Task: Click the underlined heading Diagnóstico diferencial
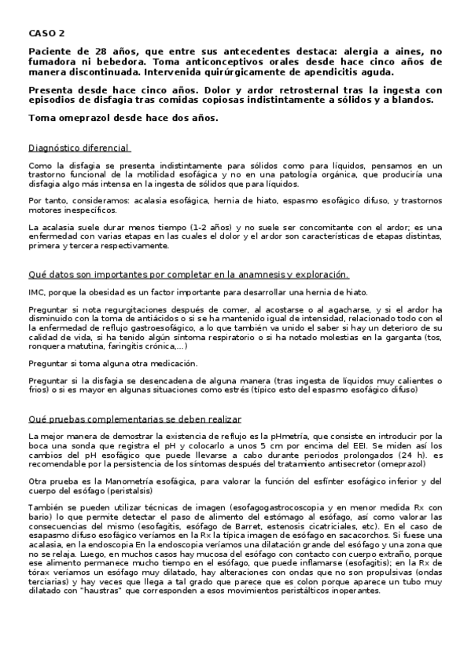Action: click(79, 148)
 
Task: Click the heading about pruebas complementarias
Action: click(134, 419)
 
